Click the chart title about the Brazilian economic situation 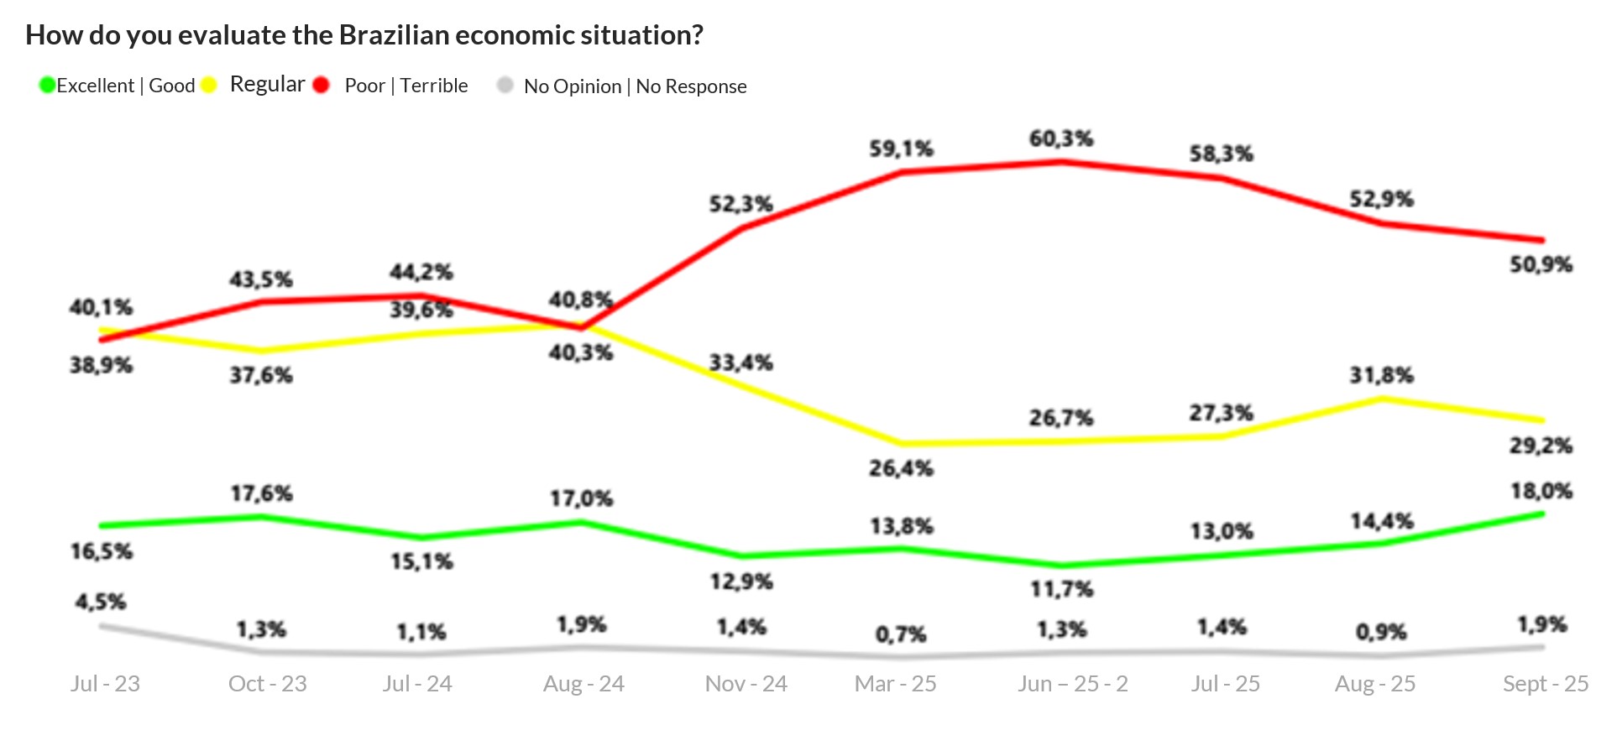pyautogui.click(x=364, y=35)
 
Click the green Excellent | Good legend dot pyautogui.click(x=48, y=85)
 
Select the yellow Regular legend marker pyautogui.click(x=209, y=85)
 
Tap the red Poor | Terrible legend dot pyautogui.click(x=321, y=85)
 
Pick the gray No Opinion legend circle pyautogui.click(x=505, y=85)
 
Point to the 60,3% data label pyautogui.click(x=1061, y=138)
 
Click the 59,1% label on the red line pyautogui.click(x=901, y=149)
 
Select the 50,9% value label pyautogui.click(x=1541, y=265)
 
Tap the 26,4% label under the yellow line pyautogui.click(x=901, y=468)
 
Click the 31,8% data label pyautogui.click(x=1381, y=375)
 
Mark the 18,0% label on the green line pyautogui.click(x=1541, y=491)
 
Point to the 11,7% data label pyautogui.click(x=1061, y=589)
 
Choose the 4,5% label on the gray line pyautogui.click(x=101, y=602)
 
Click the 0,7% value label pyautogui.click(x=901, y=634)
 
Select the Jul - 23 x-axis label pyautogui.click(x=105, y=684)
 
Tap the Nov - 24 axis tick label pyautogui.click(x=746, y=684)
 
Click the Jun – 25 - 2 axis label pyautogui.click(x=1072, y=684)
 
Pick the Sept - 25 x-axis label pyautogui.click(x=1545, y=684)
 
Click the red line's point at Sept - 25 pyautogui.click(x=1541, y=240)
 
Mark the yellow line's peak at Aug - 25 pyautogui.click(x=1382, y=399)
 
